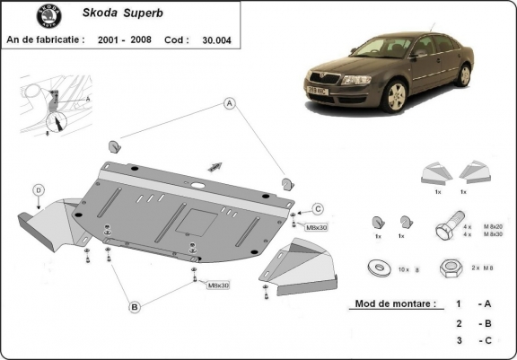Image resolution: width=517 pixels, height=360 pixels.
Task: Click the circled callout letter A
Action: [x=231, y=103]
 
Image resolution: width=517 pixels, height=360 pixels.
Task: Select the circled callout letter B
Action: [x=135, y=307]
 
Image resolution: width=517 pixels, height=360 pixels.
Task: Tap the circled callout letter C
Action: [x=318, y=209]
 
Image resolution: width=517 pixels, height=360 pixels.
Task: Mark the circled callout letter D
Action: [x=39, y=189]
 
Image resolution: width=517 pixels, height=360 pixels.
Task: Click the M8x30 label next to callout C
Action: [x=317, y=227]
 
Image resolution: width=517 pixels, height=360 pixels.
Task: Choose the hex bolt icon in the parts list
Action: [x=450, y=225]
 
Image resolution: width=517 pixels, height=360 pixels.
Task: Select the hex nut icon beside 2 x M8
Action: [x=450, y=268]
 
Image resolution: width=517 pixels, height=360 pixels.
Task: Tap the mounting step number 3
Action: [x=459, y=341]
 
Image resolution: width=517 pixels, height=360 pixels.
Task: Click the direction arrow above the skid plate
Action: [x=215, y=165]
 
